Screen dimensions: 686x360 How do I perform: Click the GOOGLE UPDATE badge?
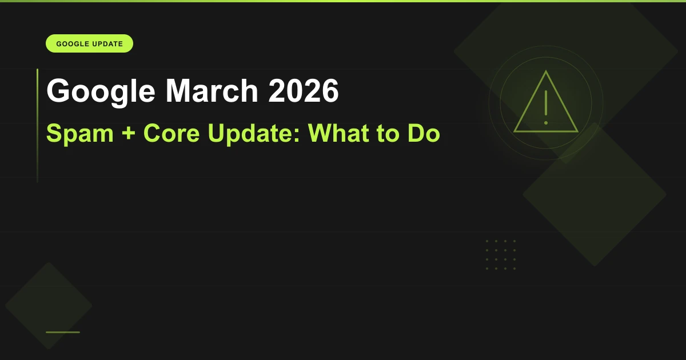click(x=89, y=43)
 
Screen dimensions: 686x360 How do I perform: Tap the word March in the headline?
click(x=212, y=91)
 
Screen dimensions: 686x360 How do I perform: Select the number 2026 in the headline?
click(x=304, y=91)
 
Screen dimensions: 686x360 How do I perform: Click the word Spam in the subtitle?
click(x=80, y=134)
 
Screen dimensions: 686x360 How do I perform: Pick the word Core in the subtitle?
click(x=171, y=133)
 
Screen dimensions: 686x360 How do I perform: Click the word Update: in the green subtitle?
click(x=254, y=134)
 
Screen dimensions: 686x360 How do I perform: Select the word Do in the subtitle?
click(x=424, y=133)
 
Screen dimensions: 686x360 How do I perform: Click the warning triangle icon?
click(x=546, y=131)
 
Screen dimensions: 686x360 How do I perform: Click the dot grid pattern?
click(x=501, y=255)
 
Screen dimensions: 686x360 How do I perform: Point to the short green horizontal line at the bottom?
click(x=63, y=332)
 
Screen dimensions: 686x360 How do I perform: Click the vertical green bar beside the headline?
click(x=37, y=126)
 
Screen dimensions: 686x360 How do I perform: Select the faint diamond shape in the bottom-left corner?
click(x=49, y=306)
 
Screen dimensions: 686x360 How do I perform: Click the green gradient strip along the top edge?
click(x=343, y=1)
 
